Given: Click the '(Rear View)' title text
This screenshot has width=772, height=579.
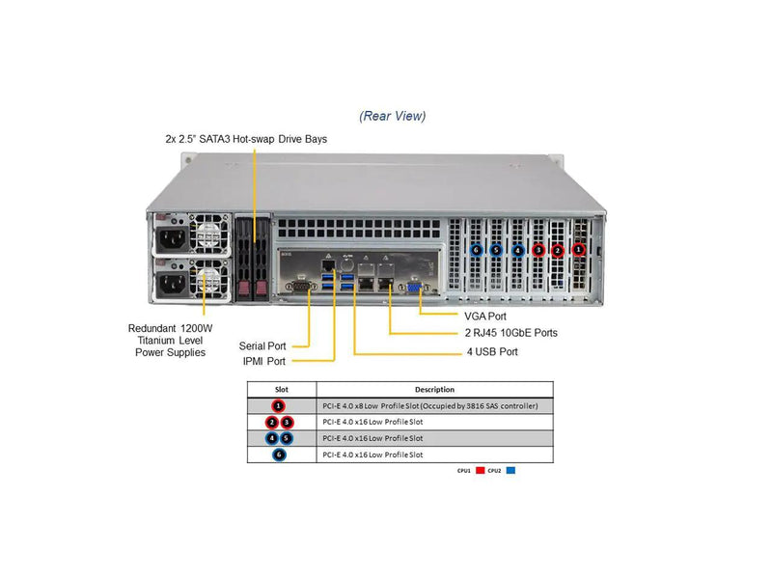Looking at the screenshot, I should click(392, 117).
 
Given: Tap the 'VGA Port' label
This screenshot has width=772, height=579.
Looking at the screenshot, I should click(484, 316).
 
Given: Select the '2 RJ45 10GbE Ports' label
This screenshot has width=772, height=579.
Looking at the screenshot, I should click(510, 333).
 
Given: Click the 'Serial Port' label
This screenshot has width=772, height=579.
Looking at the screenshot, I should click(262, 345).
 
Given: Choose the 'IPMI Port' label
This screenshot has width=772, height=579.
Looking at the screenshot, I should click(263, 362).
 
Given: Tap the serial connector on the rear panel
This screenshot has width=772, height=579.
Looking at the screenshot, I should click(300, 286).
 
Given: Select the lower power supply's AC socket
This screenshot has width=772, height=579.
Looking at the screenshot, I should click(171, 283).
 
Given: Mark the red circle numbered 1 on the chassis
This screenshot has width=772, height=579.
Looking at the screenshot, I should click(578, 249).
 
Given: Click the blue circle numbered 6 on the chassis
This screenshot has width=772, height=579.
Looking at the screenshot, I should click(475, 249).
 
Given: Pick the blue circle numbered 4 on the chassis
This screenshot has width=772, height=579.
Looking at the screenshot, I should click(517, 250).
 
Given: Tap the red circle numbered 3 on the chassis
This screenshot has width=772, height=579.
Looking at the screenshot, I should click(538, 250).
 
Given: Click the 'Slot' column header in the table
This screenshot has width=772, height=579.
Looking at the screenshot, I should click(281, 390).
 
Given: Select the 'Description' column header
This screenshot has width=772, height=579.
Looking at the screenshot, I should click(434, 390).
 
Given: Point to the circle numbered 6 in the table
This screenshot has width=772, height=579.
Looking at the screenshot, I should click(279, 455).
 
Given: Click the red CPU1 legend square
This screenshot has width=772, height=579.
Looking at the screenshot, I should click(480, 471).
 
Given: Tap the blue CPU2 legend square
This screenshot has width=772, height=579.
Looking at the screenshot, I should click(510, 471).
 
